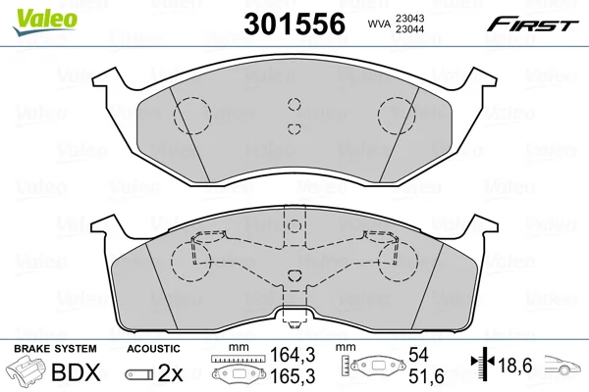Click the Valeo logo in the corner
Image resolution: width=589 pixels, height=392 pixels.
(x=45, y=22)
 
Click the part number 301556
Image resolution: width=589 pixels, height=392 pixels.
(x=294, y=24)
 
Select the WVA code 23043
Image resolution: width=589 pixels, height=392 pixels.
(x=408, y=18)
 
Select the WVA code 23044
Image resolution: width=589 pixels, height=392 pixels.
(x=408, y=29)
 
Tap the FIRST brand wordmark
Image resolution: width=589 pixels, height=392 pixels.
(x=532, y=24)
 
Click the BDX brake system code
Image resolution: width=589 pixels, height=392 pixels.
(x=76, y=372)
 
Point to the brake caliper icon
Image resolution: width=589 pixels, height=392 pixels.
(x=27, y=371)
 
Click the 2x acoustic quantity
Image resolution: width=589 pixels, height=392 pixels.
(x=170, y=373)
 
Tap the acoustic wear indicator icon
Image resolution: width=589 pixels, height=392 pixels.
(x=139, y=374)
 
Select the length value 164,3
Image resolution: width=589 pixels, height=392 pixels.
(x=293, y=355)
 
